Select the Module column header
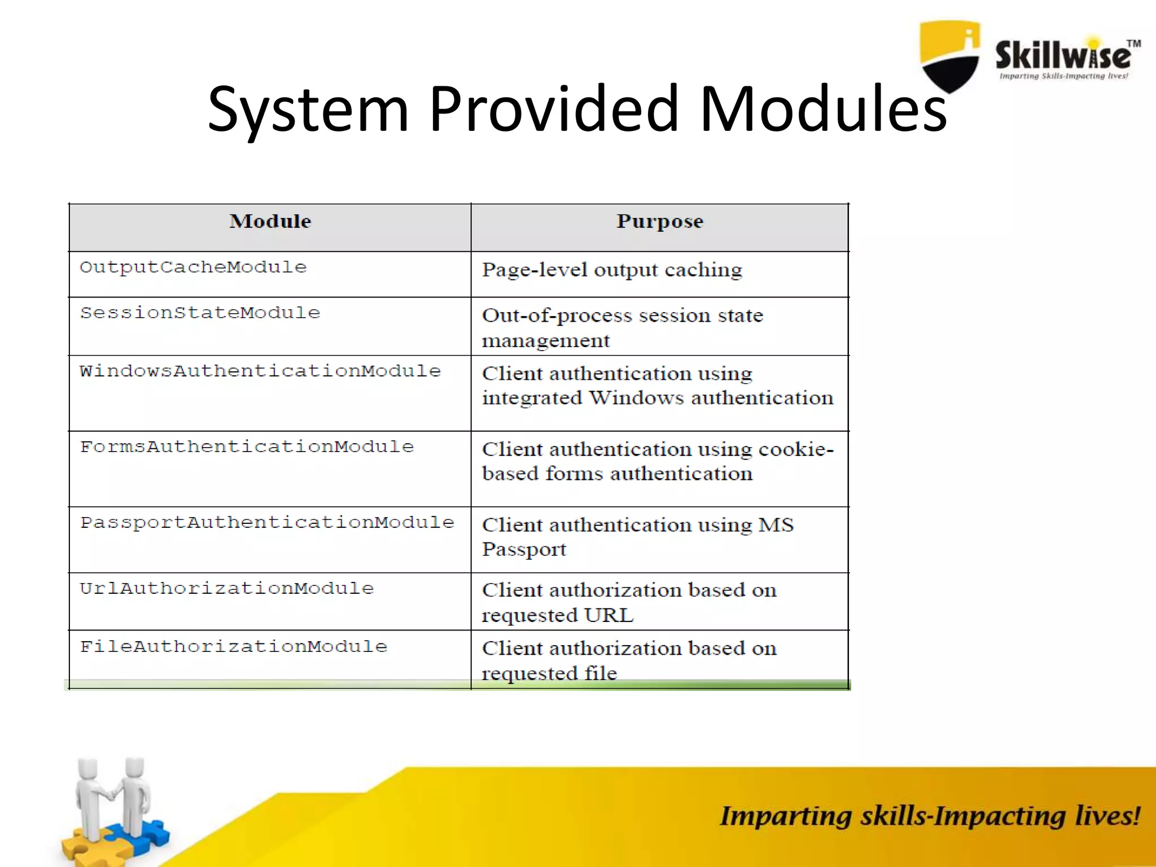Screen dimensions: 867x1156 tap(270, 221)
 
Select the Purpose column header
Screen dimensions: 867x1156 tap(659, 221)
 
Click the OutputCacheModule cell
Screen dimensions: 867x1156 tap(193, 267)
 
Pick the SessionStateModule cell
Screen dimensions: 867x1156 tap(200, 313)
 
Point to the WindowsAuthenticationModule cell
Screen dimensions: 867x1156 tap(260, 371)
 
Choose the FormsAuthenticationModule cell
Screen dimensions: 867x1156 tap(247, 446)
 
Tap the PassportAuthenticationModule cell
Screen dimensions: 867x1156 tap(267, 522)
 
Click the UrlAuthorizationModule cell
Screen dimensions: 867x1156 tap(226, 588)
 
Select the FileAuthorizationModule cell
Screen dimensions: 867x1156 tap(233, 646)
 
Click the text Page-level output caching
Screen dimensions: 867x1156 tap(612, 270)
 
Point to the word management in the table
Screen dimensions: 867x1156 tap(545, 341)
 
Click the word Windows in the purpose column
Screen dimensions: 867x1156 tap(636, 398)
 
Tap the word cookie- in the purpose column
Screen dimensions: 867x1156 tap(796, 449)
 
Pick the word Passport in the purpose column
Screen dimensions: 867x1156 tap(524, 550)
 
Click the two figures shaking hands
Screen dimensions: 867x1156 tap(113, 796)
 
